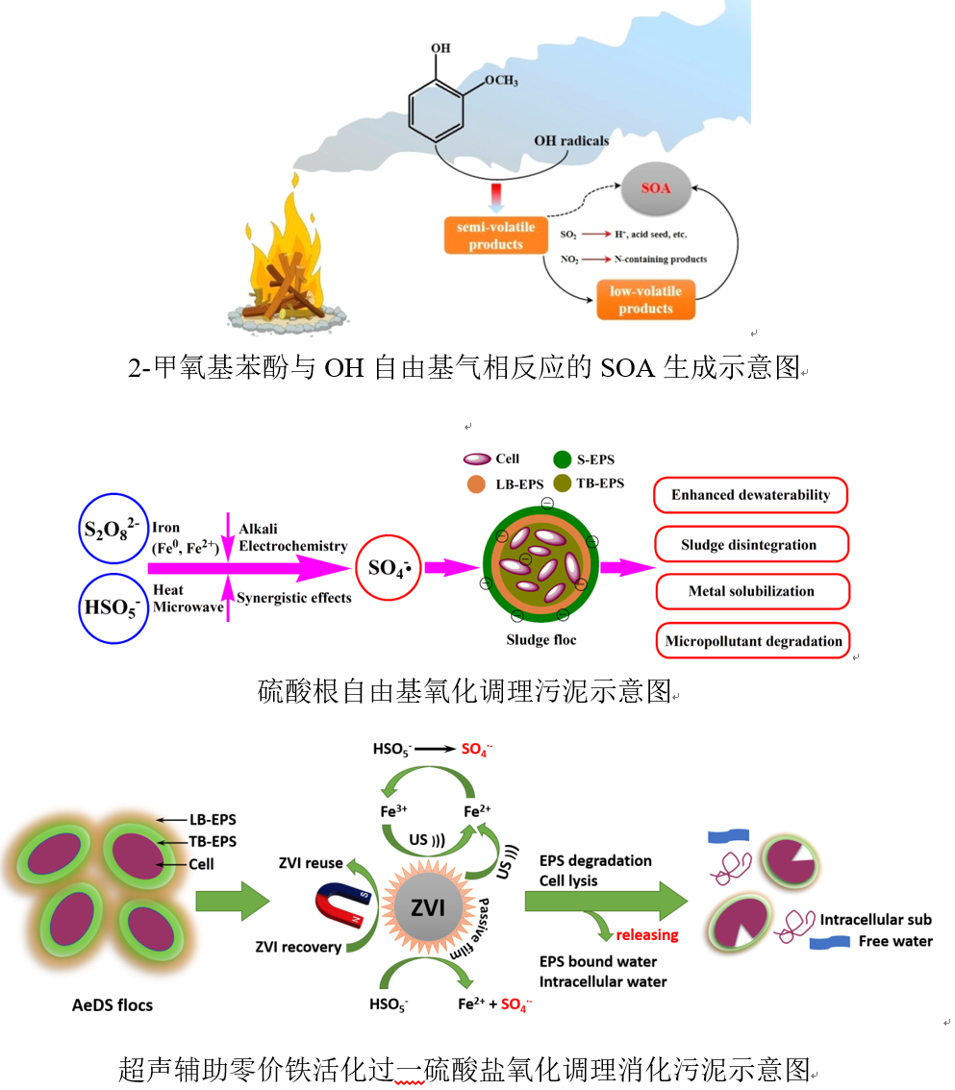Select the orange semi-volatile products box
(495, 235)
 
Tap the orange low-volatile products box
(645, 299)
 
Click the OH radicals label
(571, 141)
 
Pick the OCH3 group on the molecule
(499, 81)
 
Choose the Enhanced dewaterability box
(750, 495)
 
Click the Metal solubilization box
(750, 591)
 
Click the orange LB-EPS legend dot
(474, 483)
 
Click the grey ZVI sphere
(428, 905)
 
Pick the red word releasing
(646, 933)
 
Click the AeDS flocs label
(113, 1005)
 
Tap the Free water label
(894, 941)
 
